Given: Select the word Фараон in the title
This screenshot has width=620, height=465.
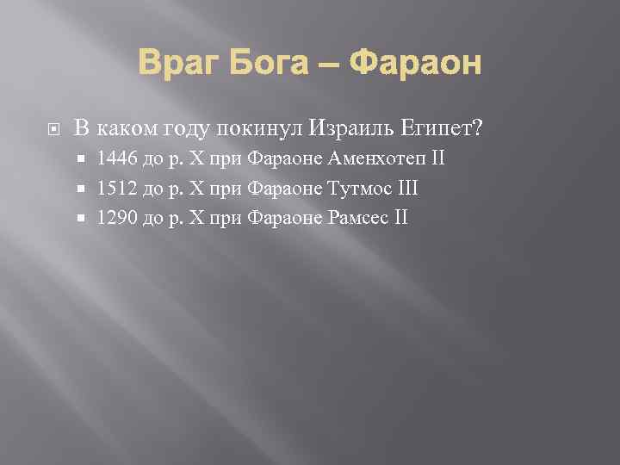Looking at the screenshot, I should click(x=418, y=63).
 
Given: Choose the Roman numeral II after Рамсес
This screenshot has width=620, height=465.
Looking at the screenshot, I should click(x=400, y=217).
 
